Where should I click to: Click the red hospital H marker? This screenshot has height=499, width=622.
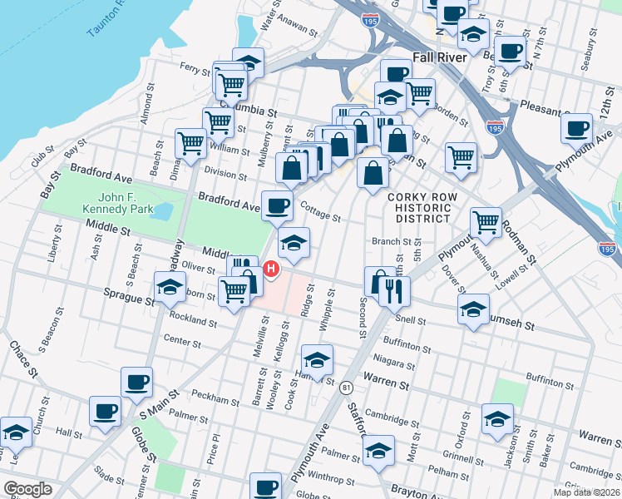(x=271, y=269)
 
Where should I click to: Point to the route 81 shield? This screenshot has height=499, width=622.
(x=345, y=387)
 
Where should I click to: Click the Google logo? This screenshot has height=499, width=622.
(x=27, y=489)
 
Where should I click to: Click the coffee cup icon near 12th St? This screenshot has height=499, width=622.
(x=576, y=129)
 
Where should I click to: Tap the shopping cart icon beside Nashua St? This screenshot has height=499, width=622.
(x=485, y=222)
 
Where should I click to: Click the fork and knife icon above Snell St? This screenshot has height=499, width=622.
(x=394, y=290)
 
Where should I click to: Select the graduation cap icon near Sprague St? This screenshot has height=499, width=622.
(x=170, y=287)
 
